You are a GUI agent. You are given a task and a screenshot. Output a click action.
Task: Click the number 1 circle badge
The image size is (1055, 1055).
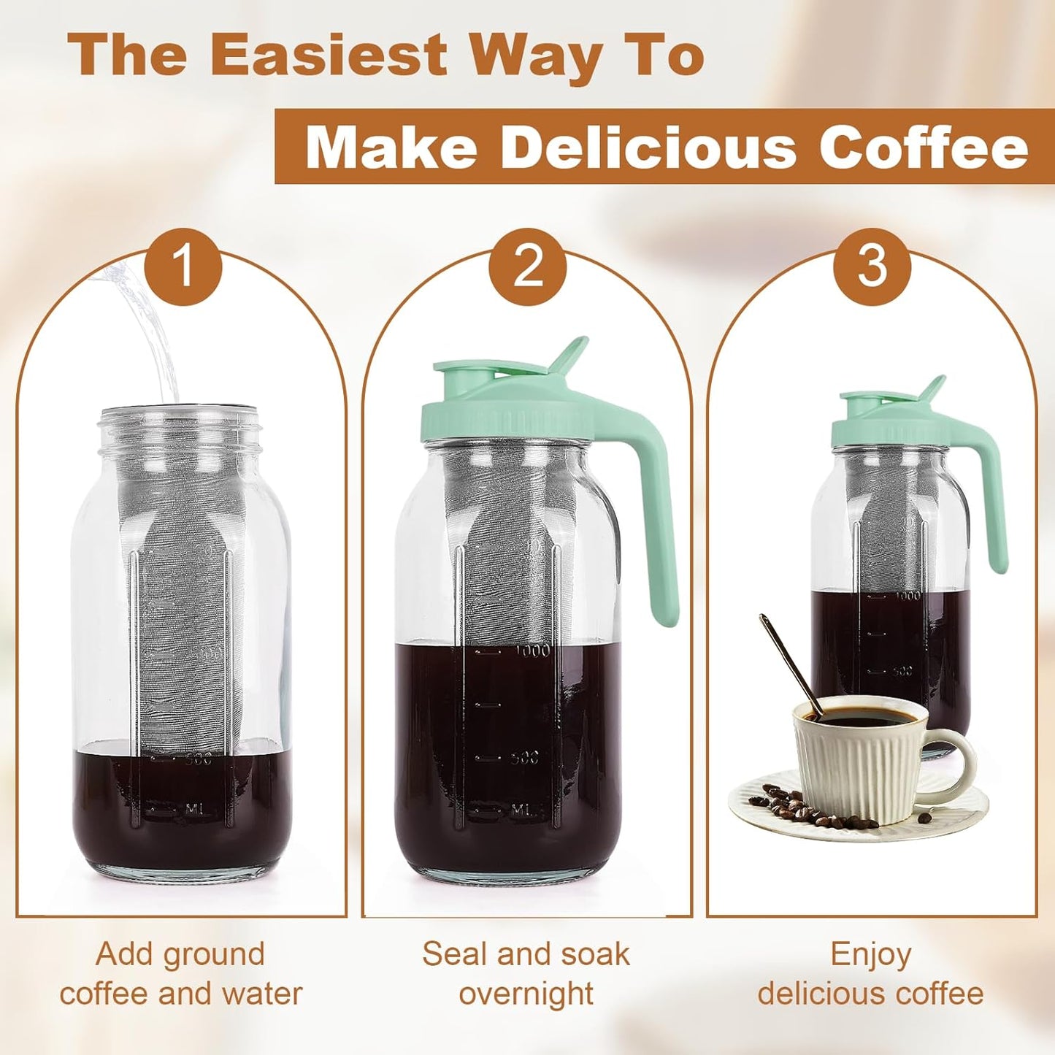(x=183, y=266)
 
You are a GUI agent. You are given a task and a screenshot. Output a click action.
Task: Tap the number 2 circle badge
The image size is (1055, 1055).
(x=528, y=266)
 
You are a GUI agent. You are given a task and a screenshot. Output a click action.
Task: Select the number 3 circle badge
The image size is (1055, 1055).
(x=872, y=266)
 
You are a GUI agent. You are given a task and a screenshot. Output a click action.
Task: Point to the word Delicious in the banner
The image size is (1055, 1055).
(x=647, y=147)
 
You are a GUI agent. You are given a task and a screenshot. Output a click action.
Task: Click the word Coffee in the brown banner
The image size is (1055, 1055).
(x=923, y=147)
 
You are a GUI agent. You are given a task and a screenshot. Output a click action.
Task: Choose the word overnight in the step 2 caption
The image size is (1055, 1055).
(x=526, y=994)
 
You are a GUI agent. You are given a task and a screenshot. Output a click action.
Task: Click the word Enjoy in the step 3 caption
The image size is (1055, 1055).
(x=870, y=955)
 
